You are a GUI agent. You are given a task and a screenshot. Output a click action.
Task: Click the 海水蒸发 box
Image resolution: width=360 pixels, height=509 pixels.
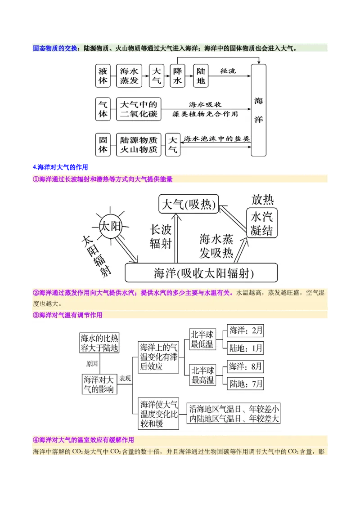tap(129, 76)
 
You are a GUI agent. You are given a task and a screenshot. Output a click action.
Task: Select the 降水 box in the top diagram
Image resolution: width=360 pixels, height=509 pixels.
tap(177, 76)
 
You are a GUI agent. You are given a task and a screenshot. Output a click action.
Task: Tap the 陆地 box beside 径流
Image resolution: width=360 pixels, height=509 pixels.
tap(201, 76)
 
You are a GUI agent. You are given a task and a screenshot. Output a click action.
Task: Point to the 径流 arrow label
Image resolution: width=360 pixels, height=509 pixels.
tap(228, 71)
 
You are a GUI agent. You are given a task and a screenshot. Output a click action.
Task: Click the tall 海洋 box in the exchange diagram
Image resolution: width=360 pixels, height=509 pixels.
tap(259, 110)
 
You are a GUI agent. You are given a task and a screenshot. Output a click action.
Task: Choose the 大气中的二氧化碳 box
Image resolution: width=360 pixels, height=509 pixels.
tap(139, 109)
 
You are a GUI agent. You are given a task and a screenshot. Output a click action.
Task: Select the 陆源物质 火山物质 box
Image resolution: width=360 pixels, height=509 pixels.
tap(139, 144)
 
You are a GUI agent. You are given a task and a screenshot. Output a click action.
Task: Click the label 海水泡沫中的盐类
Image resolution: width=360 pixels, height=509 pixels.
tap(217, 138)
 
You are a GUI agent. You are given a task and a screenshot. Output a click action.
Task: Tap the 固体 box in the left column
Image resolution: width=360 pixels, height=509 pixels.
tap(103, 144)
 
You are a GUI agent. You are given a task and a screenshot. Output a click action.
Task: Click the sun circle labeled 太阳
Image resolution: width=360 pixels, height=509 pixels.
tap(110, 226)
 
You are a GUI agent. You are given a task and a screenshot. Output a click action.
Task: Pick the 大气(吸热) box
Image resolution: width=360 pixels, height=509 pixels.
tap(189, 204)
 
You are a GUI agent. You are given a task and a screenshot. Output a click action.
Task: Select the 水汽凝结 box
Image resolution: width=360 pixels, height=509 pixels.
tap(262, 223)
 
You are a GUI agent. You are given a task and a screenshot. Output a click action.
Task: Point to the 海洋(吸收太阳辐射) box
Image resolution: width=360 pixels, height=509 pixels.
tap(202, 272)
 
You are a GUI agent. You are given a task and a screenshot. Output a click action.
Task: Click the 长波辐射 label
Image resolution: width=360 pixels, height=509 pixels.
tap(161, 237)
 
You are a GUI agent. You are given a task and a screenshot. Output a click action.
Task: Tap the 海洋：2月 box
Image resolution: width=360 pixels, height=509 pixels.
tap(245, 330)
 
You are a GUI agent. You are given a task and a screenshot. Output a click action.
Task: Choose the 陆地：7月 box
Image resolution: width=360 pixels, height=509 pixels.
tap(245, 384)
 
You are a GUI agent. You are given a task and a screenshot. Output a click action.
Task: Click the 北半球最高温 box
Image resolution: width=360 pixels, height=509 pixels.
tap(202, 375)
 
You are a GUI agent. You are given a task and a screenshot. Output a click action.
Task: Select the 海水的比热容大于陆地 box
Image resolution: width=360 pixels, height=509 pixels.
tap(99, 343)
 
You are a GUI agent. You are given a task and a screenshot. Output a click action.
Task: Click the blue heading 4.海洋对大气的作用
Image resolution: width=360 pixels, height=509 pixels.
tap(60, 167)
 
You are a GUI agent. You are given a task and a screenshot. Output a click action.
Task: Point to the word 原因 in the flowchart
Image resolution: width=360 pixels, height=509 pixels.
tap(92, 364)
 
